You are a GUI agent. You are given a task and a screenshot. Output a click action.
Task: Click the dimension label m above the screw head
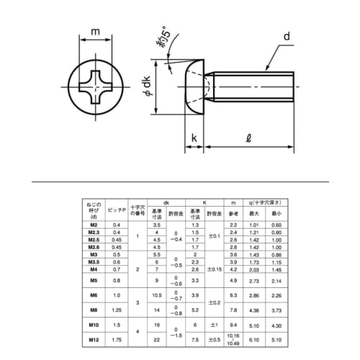click(95, 32)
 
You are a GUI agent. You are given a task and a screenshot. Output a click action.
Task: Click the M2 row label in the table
click(94, 226)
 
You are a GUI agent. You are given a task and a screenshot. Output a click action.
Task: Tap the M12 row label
click(94, 340)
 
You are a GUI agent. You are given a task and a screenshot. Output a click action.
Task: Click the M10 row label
click(94, 325)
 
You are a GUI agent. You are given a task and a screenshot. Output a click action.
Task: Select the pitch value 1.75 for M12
click(117, 340)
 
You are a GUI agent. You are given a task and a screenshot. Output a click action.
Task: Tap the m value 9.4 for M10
click(233, 325)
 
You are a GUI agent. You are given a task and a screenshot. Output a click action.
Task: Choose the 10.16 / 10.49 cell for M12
click(233, 340)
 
